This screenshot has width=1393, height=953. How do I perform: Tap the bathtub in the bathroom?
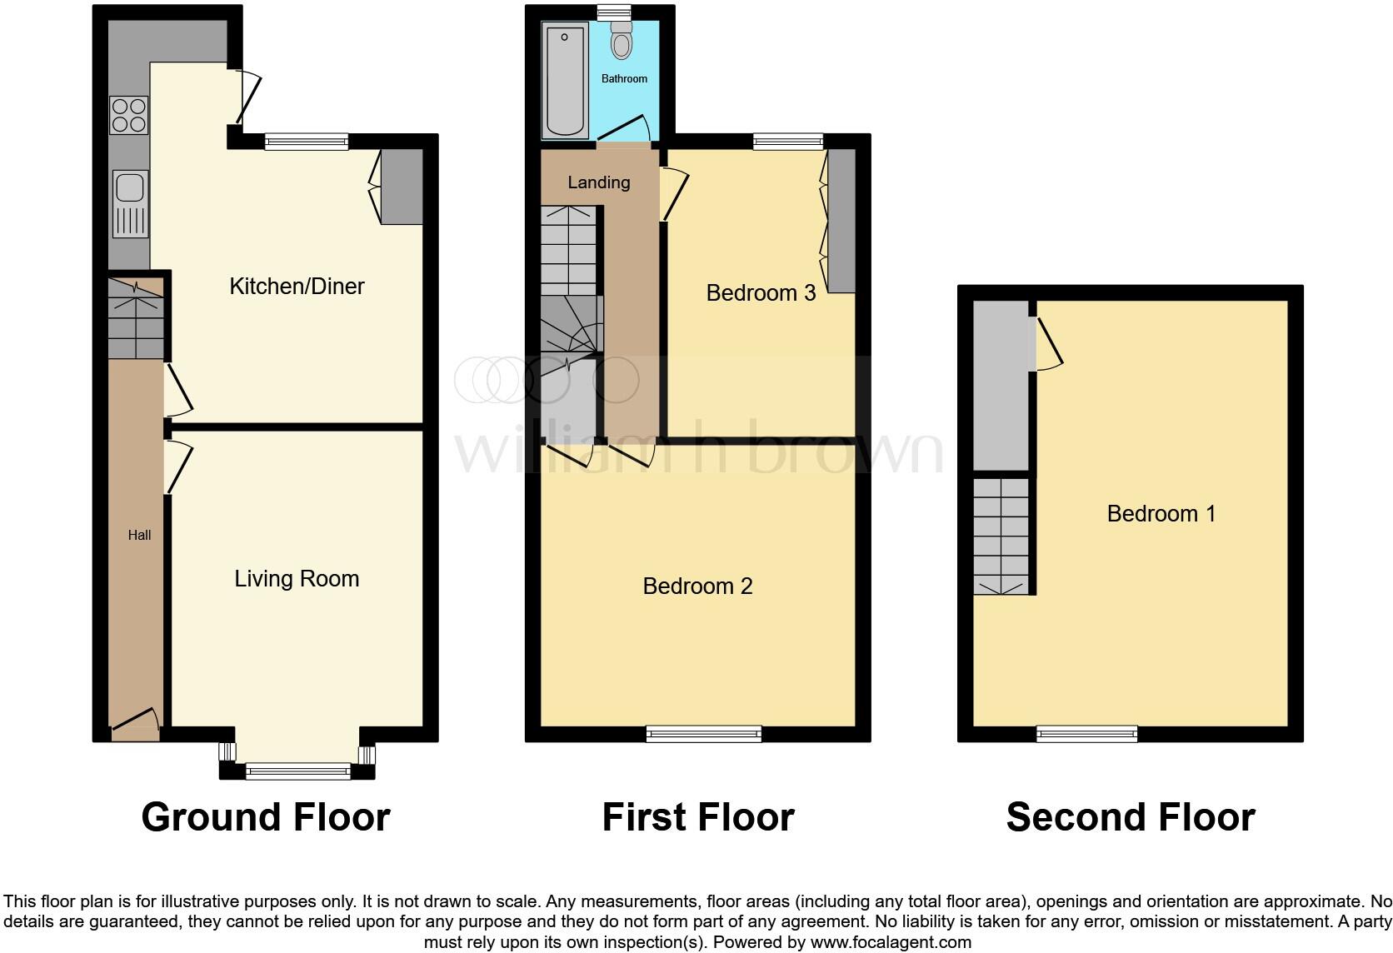coord(565,80)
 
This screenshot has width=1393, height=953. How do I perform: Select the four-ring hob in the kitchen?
coord(129,115)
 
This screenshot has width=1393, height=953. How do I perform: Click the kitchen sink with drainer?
coord(131,204)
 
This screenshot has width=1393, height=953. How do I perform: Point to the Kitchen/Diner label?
coord(297,287)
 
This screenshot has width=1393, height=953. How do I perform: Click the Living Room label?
coord(297,579)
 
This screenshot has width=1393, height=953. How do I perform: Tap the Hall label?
coord(139,535)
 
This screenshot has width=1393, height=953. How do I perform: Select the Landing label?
coord(598,182)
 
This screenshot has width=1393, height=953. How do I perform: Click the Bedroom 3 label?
coord(760,293)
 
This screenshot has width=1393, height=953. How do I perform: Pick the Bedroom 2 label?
coord(697,586)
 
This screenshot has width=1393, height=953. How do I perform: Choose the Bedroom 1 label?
coord(1161,514)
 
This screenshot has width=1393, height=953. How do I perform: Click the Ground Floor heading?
coord(266,817)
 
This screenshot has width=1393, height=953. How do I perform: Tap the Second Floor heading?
coord(1130,817)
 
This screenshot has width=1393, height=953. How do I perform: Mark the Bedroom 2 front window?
coord(703,733)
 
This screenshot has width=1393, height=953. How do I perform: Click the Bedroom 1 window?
coord(1086,733)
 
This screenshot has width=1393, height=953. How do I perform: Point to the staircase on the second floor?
coord(1001,535)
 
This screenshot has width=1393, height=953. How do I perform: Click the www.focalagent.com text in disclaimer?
coord(891,942)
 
